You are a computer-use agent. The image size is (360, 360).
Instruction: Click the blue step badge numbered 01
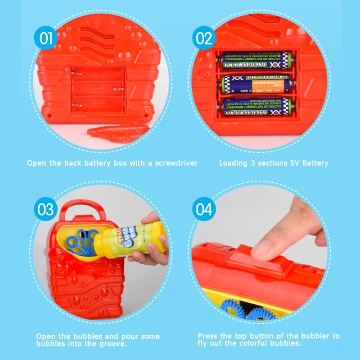[46, 38]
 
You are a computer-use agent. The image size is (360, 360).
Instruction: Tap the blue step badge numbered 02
[204, 38]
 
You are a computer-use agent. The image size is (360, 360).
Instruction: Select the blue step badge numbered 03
[45, 210]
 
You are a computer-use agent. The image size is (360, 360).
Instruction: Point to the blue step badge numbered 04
[204, 210]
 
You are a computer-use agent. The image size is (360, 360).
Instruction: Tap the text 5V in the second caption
[289, 163]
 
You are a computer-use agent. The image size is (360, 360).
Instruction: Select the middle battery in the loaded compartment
[255, 84]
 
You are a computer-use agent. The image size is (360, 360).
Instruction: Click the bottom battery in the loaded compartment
[255, 107]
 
